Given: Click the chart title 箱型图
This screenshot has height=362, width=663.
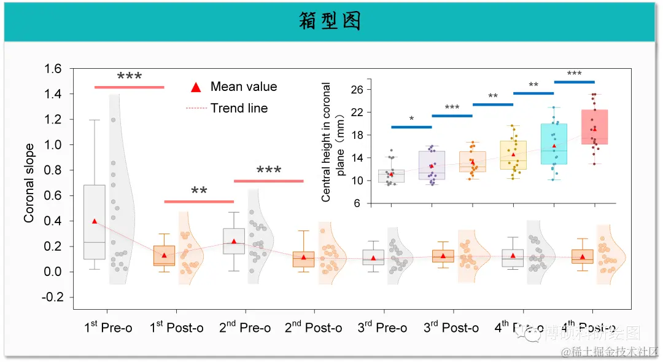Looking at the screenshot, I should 330,22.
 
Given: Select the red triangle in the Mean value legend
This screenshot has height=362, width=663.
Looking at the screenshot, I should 196,87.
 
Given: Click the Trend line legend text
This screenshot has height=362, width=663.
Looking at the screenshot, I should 239,108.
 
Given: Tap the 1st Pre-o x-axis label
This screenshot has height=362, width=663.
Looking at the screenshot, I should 108,327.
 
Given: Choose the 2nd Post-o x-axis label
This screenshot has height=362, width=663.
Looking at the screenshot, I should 313,327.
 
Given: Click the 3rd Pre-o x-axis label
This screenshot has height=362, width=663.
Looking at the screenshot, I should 382,327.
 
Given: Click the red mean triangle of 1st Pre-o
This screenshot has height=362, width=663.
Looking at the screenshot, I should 95,221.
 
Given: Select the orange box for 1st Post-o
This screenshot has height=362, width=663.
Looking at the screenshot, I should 164,256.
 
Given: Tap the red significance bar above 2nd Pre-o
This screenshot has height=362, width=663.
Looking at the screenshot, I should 269,181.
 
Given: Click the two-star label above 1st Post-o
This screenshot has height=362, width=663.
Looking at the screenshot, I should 199,191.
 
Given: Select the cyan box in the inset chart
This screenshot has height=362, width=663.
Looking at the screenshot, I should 554,144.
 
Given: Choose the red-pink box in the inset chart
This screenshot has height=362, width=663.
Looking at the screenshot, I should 594,127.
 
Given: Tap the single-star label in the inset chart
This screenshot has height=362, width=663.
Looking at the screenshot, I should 411,118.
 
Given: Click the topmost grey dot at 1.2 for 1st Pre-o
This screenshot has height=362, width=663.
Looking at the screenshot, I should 114,120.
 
